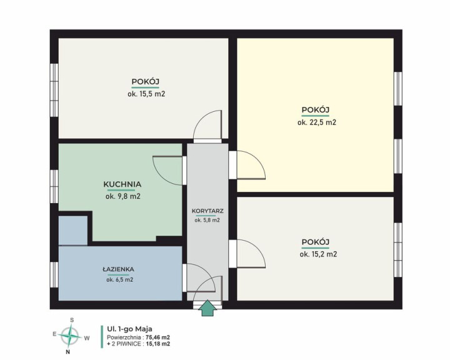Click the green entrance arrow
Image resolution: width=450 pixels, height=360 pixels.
[x=207, y=307]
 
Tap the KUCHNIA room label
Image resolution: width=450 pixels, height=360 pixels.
[x=122, y=184]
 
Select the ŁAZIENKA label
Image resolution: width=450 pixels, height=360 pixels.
[x=118, y=269]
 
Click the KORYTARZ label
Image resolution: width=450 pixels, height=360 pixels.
[x=207, y=211]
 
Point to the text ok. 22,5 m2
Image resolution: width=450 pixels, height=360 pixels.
[x=316, y=122]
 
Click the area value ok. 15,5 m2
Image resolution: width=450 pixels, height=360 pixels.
[x=146, y=94]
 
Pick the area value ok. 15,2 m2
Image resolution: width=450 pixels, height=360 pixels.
[x=318, y=254]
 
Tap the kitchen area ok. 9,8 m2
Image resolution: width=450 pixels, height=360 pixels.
[x=123, y=197]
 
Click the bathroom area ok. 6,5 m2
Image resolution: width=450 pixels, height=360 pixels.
[x=119, y=280]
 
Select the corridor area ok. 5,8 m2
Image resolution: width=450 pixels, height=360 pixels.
[x=207, y=221]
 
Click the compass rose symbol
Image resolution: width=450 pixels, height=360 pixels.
[x=70, y=335]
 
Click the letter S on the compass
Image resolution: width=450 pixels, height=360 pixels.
[x=72, y=320]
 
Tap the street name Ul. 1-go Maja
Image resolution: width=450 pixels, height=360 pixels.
[x=129, y=329]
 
